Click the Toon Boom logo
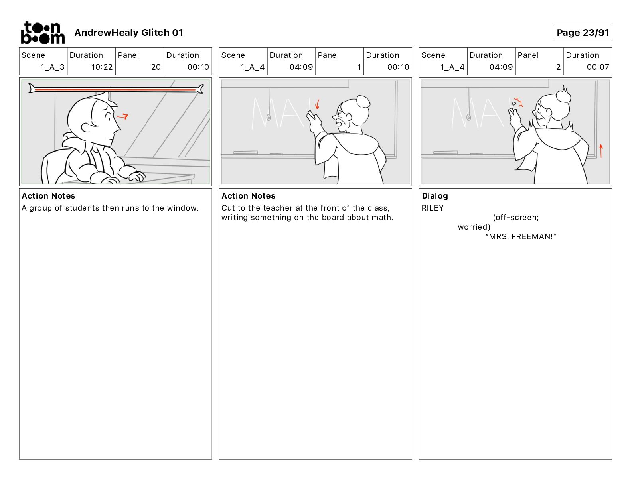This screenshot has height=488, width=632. tap(43, 33)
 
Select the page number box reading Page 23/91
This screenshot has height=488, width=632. tap(583, 33)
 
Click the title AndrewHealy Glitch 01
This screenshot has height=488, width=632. tap(128, 33)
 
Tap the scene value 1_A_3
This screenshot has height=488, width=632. tap(52, 67)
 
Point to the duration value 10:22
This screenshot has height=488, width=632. tap(102, 67)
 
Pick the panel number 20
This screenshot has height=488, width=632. tap(156, 67)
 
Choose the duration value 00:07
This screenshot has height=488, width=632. tap(598, 67)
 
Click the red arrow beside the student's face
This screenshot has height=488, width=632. tap(123, 116)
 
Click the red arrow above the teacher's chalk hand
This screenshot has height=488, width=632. tap(317, 104)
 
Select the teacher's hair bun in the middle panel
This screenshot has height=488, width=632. tap(363, 102)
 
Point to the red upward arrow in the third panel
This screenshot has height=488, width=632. tap(601, 151)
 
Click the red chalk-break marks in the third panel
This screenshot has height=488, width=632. tap(518, 102)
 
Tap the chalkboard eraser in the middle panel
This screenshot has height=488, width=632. tap(245, 152)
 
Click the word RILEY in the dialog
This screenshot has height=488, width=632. tap(433, 208)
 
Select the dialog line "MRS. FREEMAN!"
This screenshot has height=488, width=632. tap(521, 236)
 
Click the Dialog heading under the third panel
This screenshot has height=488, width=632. tap(435, 196)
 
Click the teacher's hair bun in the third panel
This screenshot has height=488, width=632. tap(563, 95)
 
